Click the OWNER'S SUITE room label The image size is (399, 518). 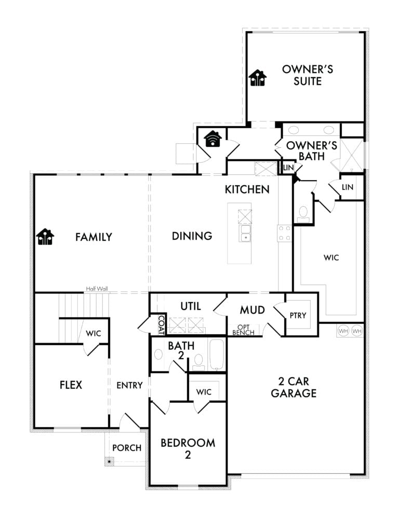308,75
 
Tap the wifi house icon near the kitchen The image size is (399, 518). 212,139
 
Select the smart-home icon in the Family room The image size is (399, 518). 45,237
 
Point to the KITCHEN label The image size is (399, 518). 247,189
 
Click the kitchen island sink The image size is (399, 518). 245,233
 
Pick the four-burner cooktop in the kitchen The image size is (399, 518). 284,233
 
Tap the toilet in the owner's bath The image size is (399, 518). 303,214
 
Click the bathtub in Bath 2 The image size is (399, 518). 217,355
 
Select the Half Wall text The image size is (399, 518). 97,289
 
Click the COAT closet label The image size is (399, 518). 162,325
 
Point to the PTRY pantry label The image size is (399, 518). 298,316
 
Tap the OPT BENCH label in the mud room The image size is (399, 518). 243,330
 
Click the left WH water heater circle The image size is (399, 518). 343,331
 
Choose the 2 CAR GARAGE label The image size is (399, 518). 294,387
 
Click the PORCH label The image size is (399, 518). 127,447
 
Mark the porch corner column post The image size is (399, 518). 109,461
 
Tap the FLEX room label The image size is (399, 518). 71,385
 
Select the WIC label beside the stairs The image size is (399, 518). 93,333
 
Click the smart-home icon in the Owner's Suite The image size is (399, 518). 258,78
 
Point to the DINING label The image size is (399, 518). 192,236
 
